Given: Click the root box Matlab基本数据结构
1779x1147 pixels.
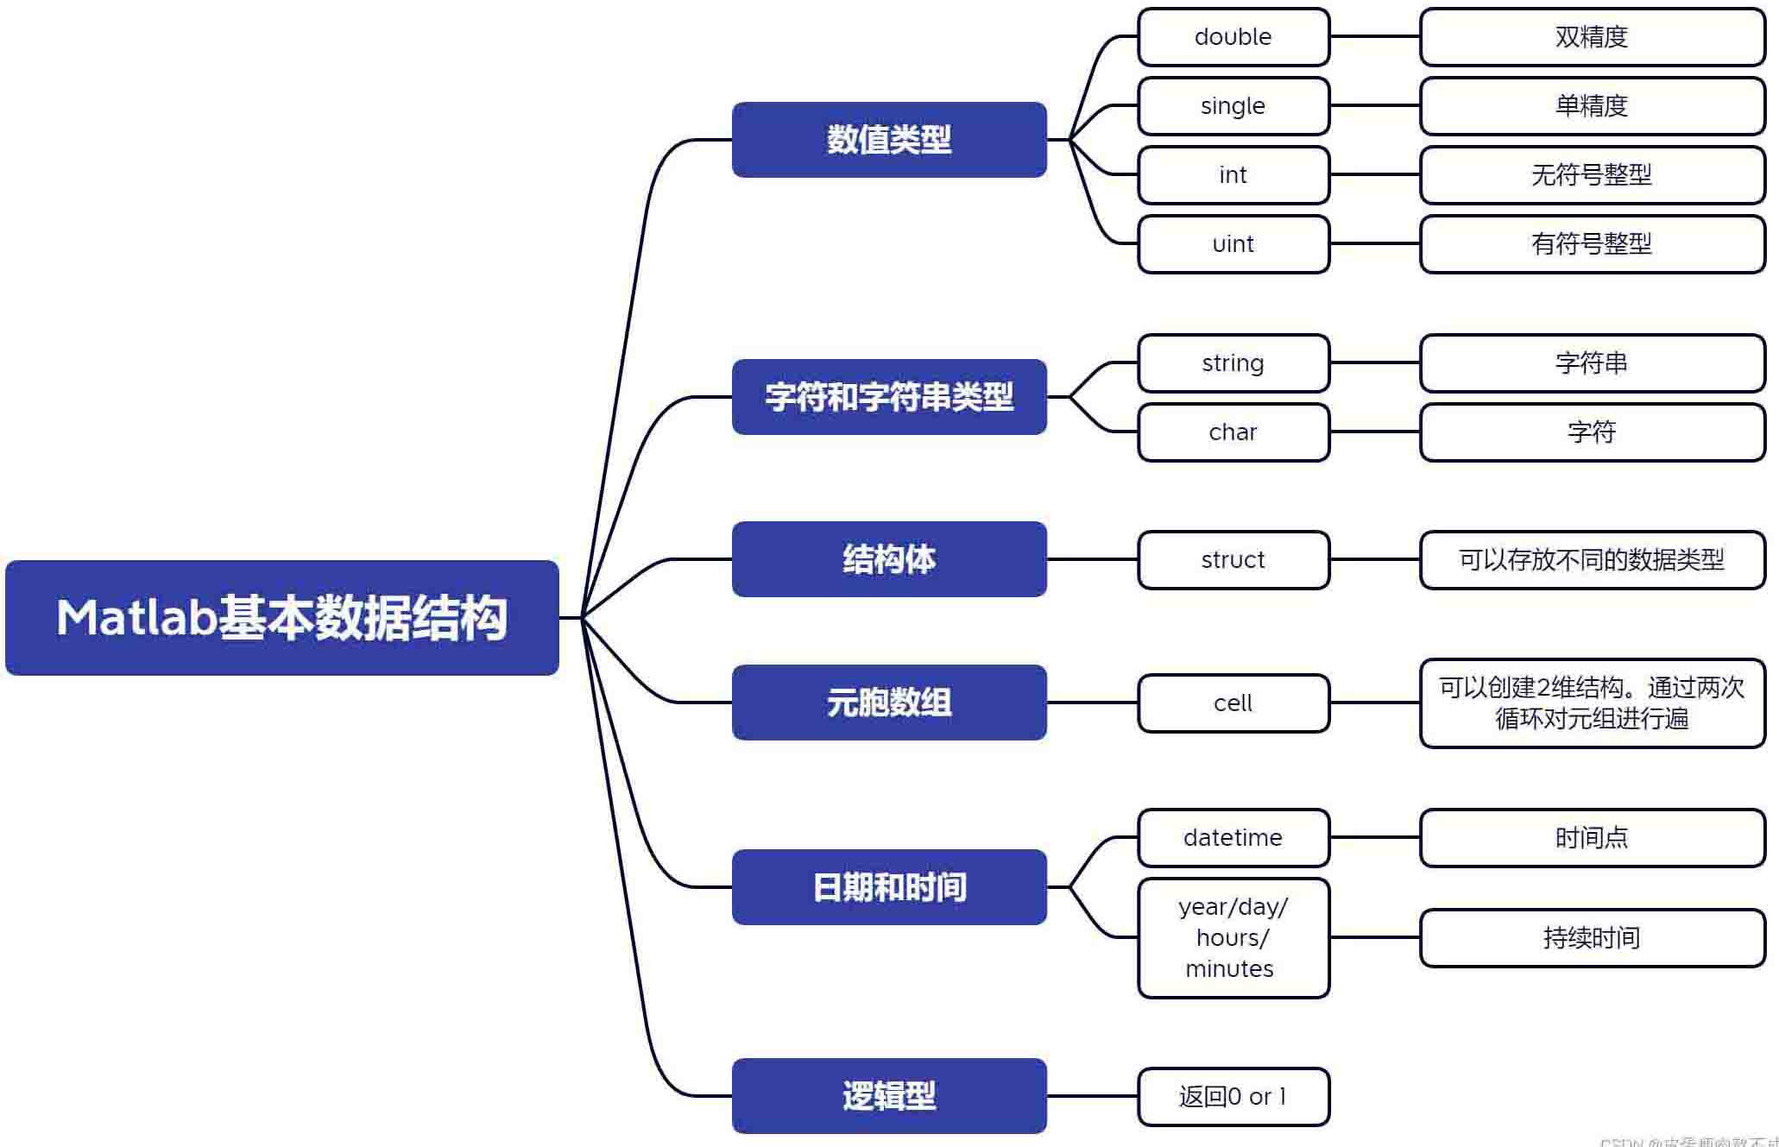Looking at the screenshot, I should (x=282, y=618).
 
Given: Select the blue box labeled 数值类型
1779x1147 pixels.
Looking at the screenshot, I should (x=889, y=140).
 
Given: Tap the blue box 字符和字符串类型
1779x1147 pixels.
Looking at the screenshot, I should (x=889, y=397).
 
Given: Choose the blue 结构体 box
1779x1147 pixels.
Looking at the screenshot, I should (x=889, y=559).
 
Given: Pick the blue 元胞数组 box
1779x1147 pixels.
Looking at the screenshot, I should (x=889, y=703).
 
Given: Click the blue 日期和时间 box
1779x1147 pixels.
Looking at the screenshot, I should (x=889, y=887).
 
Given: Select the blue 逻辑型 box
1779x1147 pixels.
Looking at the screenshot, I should (x=889, y=1096).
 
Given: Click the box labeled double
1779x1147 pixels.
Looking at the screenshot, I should (x=1233, y=37).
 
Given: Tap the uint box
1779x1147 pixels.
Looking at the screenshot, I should (x=1233, y=244).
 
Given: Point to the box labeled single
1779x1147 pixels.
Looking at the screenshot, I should (x=1233, y=106).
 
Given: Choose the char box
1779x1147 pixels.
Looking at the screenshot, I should (x=1233, y=432).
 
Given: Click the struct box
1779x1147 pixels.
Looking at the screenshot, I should (x=1233, y=560).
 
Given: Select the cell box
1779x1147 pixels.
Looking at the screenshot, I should (x=1233, y=703).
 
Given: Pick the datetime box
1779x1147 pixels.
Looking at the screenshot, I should (x=1233, y=838).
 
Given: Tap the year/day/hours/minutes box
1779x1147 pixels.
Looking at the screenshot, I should (x=1233, y=938).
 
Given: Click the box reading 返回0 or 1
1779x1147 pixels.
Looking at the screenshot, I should (x=1233, y=1097).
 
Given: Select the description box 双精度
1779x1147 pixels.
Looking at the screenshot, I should (x=1592, y=37).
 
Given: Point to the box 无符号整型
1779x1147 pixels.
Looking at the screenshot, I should (x=1592, y=175).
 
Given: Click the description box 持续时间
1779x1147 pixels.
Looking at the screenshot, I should (x=1592, y=938).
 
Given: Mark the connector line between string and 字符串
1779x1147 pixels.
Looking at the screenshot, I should (x=1374, y=362).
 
